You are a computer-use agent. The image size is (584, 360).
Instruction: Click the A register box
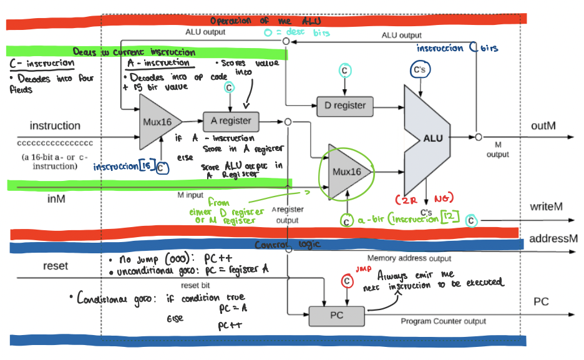pos(231,121)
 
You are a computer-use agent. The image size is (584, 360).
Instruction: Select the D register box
pos(345,105)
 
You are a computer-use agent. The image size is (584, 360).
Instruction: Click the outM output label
pos(543,126)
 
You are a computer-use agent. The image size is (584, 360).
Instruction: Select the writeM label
pos(547,207)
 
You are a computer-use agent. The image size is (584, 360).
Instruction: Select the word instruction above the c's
pos(55,126)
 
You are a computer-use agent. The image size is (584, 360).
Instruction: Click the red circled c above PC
pos(346,281)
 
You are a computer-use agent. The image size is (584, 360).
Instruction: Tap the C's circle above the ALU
pos(419,70)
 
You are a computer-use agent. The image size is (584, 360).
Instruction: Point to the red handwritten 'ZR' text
pos(404,198)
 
